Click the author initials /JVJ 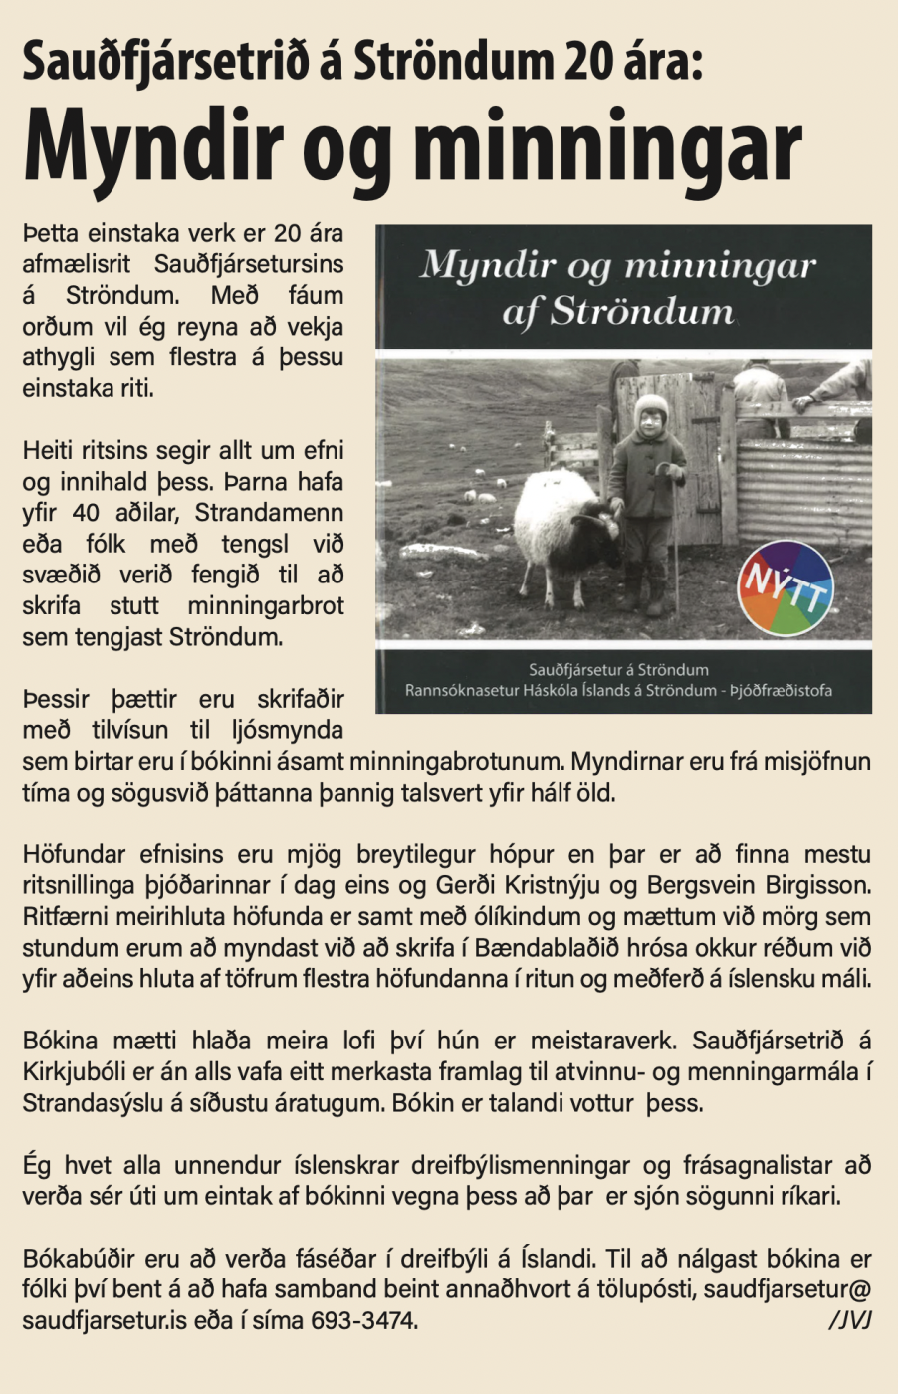849,1321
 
